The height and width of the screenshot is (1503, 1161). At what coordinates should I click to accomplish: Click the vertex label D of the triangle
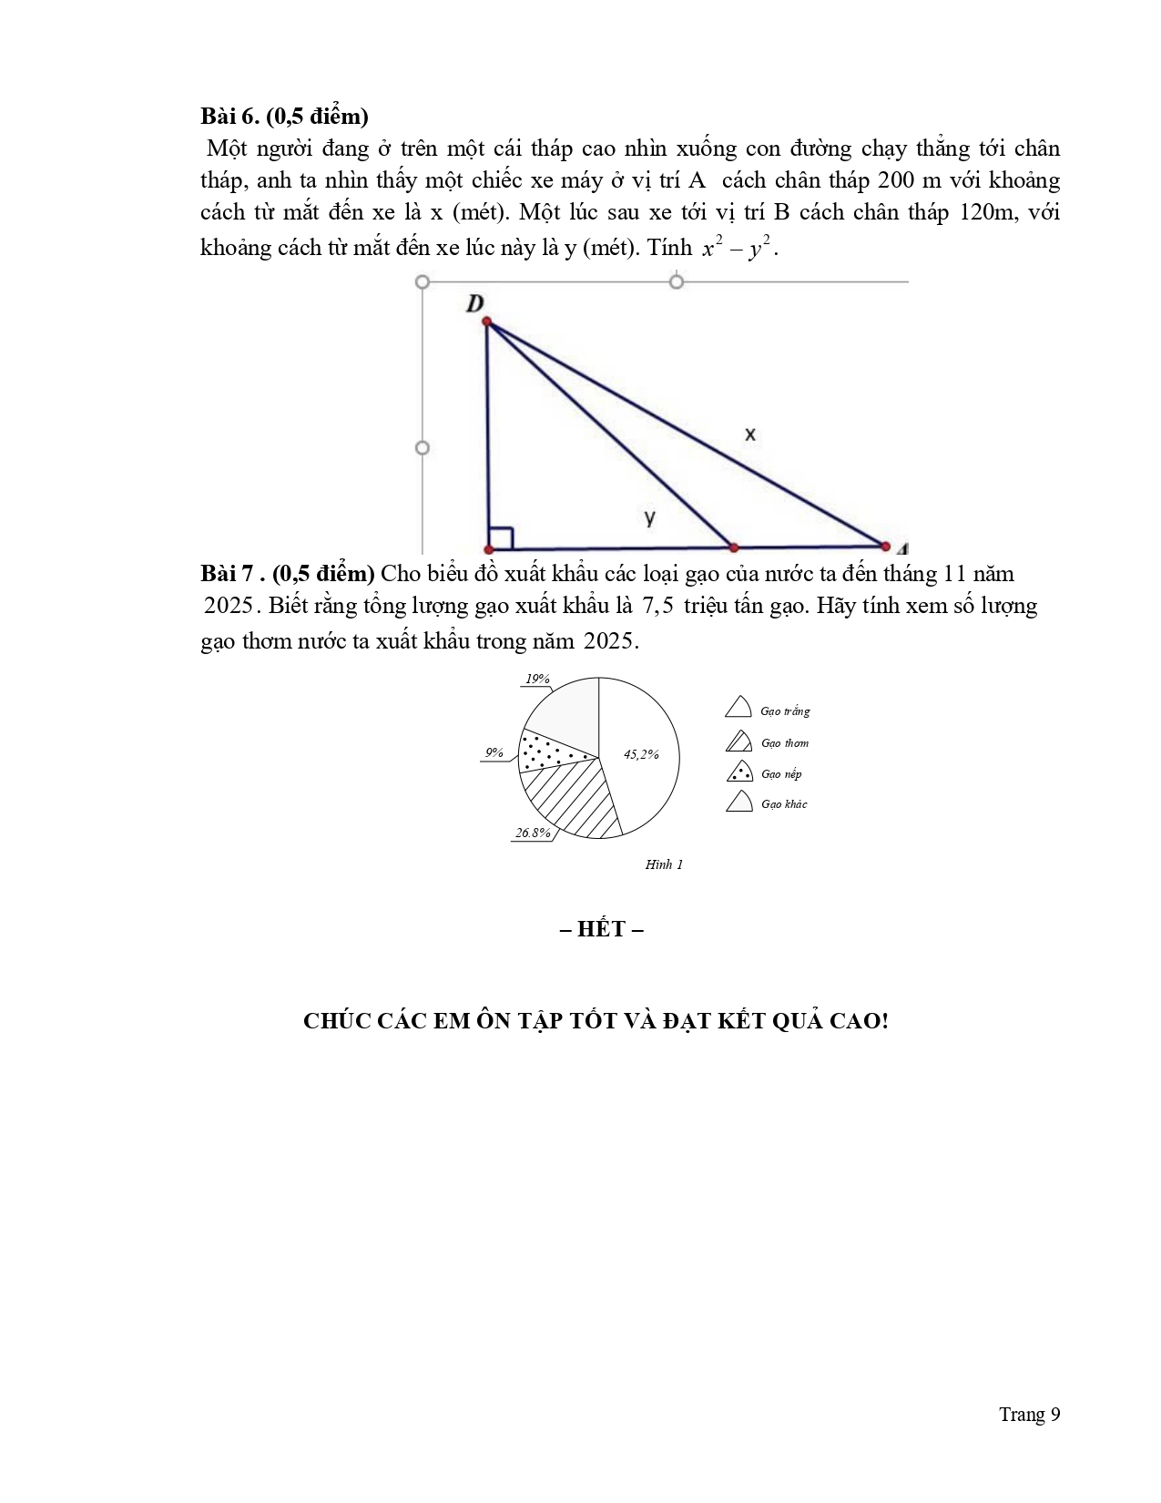474,303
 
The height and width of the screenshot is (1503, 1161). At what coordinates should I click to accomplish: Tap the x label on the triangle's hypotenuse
749,435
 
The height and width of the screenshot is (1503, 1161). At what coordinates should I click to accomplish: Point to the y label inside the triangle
649,517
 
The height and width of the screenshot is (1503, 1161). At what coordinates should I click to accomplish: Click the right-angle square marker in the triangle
501,537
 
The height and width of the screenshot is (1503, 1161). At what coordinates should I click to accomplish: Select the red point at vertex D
486,322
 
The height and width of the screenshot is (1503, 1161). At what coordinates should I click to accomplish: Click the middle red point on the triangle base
734,547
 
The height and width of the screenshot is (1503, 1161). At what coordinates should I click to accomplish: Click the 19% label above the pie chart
537,679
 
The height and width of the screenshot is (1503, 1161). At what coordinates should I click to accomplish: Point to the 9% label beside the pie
494,752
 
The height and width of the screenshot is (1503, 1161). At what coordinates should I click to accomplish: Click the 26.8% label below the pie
533,833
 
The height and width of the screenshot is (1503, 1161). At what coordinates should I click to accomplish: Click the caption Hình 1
664,864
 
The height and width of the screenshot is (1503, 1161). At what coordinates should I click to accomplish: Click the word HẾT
601,929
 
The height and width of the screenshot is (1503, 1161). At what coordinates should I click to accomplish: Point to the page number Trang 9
1029,1414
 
